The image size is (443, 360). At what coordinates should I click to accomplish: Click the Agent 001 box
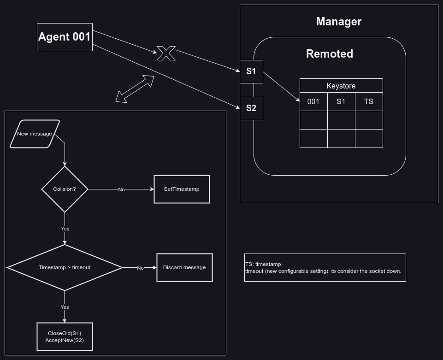65,37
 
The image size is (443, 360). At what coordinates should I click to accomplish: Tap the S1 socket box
251,71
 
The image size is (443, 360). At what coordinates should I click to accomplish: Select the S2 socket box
251,108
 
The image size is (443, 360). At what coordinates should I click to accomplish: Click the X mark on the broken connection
166,53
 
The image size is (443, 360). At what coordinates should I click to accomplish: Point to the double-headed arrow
135,89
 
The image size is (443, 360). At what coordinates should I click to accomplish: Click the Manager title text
339,22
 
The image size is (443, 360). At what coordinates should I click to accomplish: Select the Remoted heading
330,54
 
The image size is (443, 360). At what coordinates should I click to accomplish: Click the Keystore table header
341,86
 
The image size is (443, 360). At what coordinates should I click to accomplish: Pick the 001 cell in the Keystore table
313,101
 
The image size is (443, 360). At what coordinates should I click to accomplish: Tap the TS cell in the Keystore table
369,101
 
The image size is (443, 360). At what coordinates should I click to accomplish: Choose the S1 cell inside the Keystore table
341,101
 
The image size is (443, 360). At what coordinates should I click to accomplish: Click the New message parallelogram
35,134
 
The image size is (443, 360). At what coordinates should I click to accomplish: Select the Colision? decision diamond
65,189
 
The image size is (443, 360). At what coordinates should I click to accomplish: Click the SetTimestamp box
182,189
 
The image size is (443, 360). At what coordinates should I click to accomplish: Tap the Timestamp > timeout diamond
65,267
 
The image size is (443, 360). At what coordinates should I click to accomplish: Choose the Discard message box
184,267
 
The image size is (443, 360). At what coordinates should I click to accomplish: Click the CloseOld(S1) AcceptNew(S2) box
65,337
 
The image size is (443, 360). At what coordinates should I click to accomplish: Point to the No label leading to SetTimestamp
121,189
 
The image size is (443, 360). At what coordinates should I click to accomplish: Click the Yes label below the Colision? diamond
65,229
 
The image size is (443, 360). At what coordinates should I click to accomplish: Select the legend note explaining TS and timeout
325,267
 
